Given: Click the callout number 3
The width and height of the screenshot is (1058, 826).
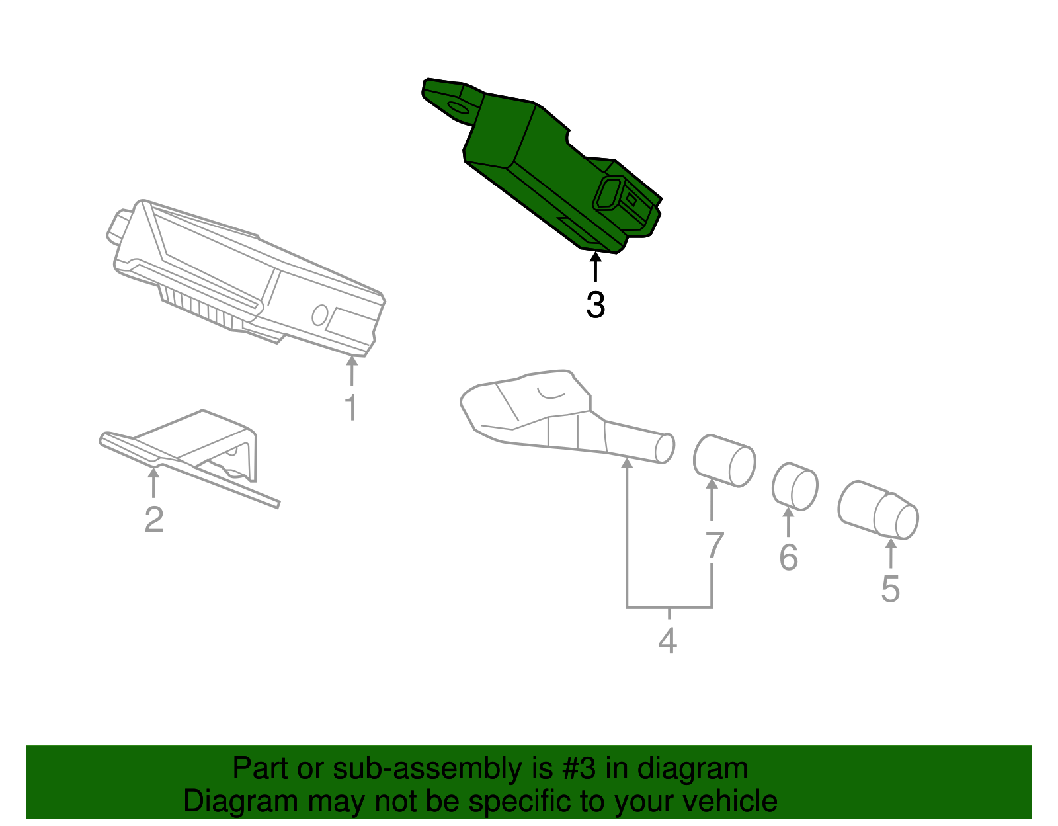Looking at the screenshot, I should (595, 306).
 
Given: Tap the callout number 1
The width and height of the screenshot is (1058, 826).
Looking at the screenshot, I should (351, 407).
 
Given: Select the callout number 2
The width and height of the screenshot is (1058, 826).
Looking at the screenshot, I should (153, 520).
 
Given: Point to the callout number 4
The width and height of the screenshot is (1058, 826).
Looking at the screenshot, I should (668, 641).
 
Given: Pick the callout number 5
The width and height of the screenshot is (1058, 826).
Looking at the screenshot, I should (890, 589).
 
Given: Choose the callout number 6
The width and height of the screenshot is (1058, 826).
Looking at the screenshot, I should (788, 558).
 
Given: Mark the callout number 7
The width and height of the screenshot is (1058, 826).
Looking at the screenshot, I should (714, 546).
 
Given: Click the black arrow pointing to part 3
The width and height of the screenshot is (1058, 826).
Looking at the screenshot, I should (595, 268).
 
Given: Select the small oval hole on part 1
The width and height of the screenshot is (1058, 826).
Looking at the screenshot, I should (320, 315).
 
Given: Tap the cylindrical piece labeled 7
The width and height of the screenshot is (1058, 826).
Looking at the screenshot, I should (724, 461).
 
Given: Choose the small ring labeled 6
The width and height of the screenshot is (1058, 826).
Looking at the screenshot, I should (795, 487).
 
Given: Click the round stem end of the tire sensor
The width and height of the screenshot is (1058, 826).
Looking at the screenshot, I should (665, 448).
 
